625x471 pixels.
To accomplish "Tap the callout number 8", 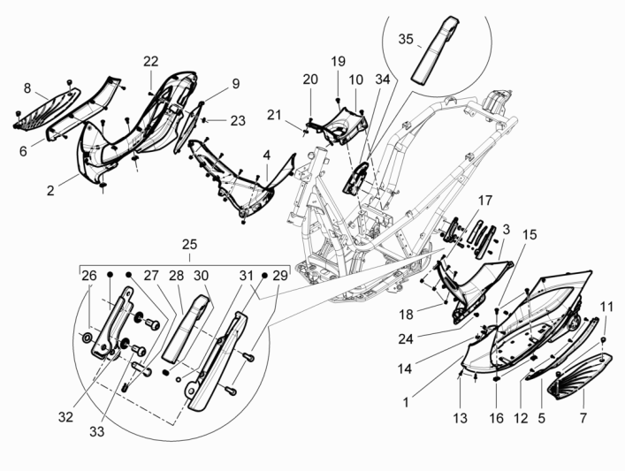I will coord(27,87).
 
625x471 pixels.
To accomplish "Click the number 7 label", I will coord(584,416).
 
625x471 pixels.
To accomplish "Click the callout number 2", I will coord(51,190).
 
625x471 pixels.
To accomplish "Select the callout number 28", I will coord(175,275).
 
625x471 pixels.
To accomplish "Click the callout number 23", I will coord(238,120).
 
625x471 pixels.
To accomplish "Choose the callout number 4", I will coord(266,156).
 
